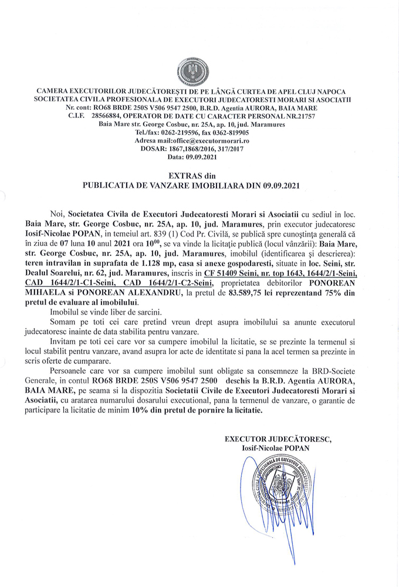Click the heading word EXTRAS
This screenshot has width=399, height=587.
(187, 175)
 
